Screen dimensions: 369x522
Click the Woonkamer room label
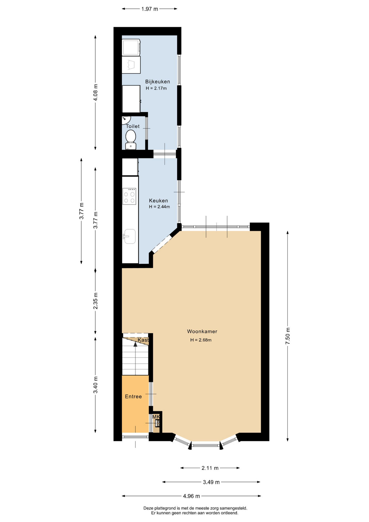click(x=202, y=331)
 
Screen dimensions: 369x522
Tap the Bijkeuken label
click(x=158, y=82)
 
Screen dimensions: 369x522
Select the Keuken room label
click(x=158, y=201)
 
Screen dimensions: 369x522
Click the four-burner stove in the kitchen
click(x=129, y=196)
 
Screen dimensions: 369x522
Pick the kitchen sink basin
click(x=130, y=236)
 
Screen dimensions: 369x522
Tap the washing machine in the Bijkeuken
click(x=131, y=47)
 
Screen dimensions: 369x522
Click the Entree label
click(x=133, y=397)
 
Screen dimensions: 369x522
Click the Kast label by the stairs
click(x=143, y=340)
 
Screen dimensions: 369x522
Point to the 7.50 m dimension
click(x=288, y=336)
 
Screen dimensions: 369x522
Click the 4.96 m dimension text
click(x=191, y=496)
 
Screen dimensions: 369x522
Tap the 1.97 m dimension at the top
click(x=149, y=9)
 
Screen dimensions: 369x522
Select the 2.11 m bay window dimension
click(x=210, y=468)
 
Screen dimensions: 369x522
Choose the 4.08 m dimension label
click(x=95, y=92)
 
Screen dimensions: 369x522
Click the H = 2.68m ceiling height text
click(x=201, y=340)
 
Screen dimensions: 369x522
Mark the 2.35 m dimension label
click(x=95, y=301)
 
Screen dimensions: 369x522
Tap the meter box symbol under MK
click(x=157, y=423)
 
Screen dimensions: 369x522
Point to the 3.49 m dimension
click(x=211, y=482)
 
